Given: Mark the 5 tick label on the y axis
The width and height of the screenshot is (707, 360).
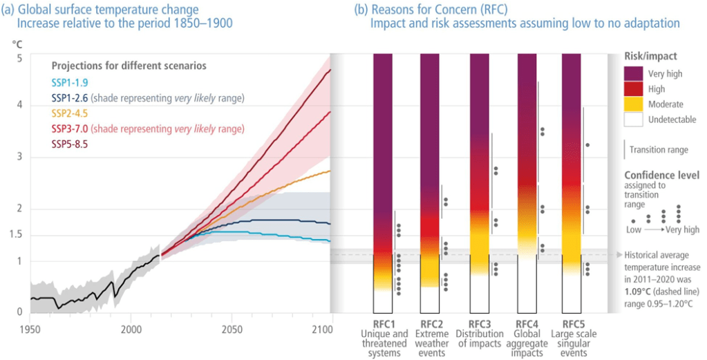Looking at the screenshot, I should point(19,57).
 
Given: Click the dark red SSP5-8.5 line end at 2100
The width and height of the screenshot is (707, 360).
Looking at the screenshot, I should point(330,70).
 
